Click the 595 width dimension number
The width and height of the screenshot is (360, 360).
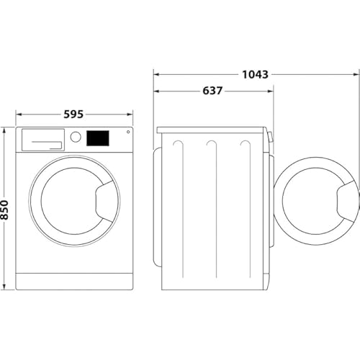74,114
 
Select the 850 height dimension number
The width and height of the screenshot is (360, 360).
5,209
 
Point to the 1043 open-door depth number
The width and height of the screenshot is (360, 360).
256,74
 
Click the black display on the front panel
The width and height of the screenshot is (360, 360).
98,138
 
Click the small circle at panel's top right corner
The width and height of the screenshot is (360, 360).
128,132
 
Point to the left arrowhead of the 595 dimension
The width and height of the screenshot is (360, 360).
18,114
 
